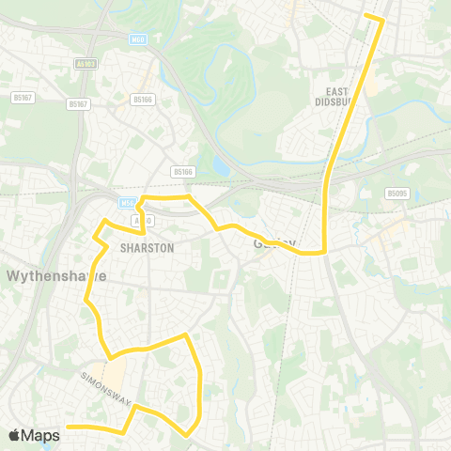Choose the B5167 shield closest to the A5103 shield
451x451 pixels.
click(81, 104)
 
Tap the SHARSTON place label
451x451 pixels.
click(148, 248)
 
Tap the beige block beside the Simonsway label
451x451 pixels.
click(116, 375)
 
